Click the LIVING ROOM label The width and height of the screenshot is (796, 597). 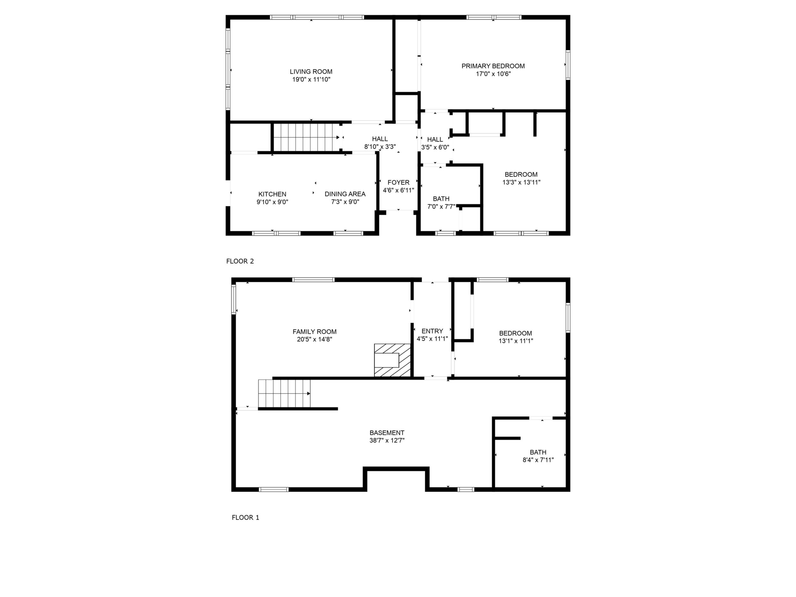(311, 72)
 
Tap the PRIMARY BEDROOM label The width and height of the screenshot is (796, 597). (493, 66)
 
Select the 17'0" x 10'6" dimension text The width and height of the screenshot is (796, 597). (493, 74)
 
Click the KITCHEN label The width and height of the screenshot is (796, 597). (272, 194)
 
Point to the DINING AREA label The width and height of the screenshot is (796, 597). (345, 194)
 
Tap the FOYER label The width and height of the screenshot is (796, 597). (398, 182)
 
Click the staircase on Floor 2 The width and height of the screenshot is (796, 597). (305, 137)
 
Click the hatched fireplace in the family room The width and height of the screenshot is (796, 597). (393, 360)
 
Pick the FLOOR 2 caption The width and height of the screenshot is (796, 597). (240, 261)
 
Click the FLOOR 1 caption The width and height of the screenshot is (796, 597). (246, 518)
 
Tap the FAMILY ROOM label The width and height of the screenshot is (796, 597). (314, 332)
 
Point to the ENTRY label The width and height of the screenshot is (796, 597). (432, 331)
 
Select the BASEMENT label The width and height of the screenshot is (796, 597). (387, 432)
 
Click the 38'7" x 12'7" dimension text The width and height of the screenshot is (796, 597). (387, 440)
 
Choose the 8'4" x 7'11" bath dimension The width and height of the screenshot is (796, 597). (538, 460)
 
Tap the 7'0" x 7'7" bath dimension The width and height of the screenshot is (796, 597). (441, 207)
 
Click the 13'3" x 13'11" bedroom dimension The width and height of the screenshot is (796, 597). (521, 182)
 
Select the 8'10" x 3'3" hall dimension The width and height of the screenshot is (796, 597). (380, 147)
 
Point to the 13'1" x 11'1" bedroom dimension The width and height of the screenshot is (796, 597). (516, 341)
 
